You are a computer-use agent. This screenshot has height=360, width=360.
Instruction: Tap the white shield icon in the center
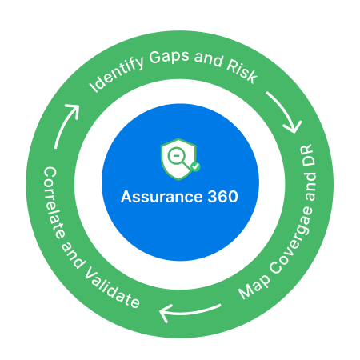[178, 160]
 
